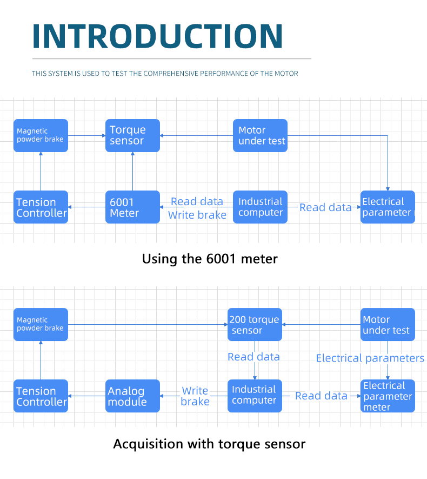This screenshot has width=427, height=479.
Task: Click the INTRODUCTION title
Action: (157, 36)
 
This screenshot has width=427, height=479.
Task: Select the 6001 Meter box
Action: (132, 207)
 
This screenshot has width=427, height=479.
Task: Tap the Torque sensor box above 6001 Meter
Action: (132, 136)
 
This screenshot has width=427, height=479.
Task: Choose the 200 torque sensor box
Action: (255, 324)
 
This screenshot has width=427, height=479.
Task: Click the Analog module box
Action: (132, 396)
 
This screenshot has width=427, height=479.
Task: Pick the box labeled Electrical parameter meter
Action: (388, 396)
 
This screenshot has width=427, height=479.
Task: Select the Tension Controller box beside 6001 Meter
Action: (41, 207)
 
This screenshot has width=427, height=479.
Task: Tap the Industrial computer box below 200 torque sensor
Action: (255, 396)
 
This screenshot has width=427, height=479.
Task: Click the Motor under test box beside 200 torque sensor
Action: (388, 324)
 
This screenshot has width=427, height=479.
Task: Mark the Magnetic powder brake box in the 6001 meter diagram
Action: (41, 136)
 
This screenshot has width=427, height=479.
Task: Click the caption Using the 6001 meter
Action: (210, 259)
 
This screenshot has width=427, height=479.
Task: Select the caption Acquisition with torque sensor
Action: (209, 444)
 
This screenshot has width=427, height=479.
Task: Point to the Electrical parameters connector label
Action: (370, 358)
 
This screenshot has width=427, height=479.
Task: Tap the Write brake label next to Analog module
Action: (195, 396)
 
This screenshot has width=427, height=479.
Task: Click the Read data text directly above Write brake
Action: (197, 202)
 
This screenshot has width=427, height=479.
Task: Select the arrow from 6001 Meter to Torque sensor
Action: (132, 172)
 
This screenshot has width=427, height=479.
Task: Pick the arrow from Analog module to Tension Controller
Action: (86, 396)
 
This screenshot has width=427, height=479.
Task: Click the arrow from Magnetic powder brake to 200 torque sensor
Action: (148, 324)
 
